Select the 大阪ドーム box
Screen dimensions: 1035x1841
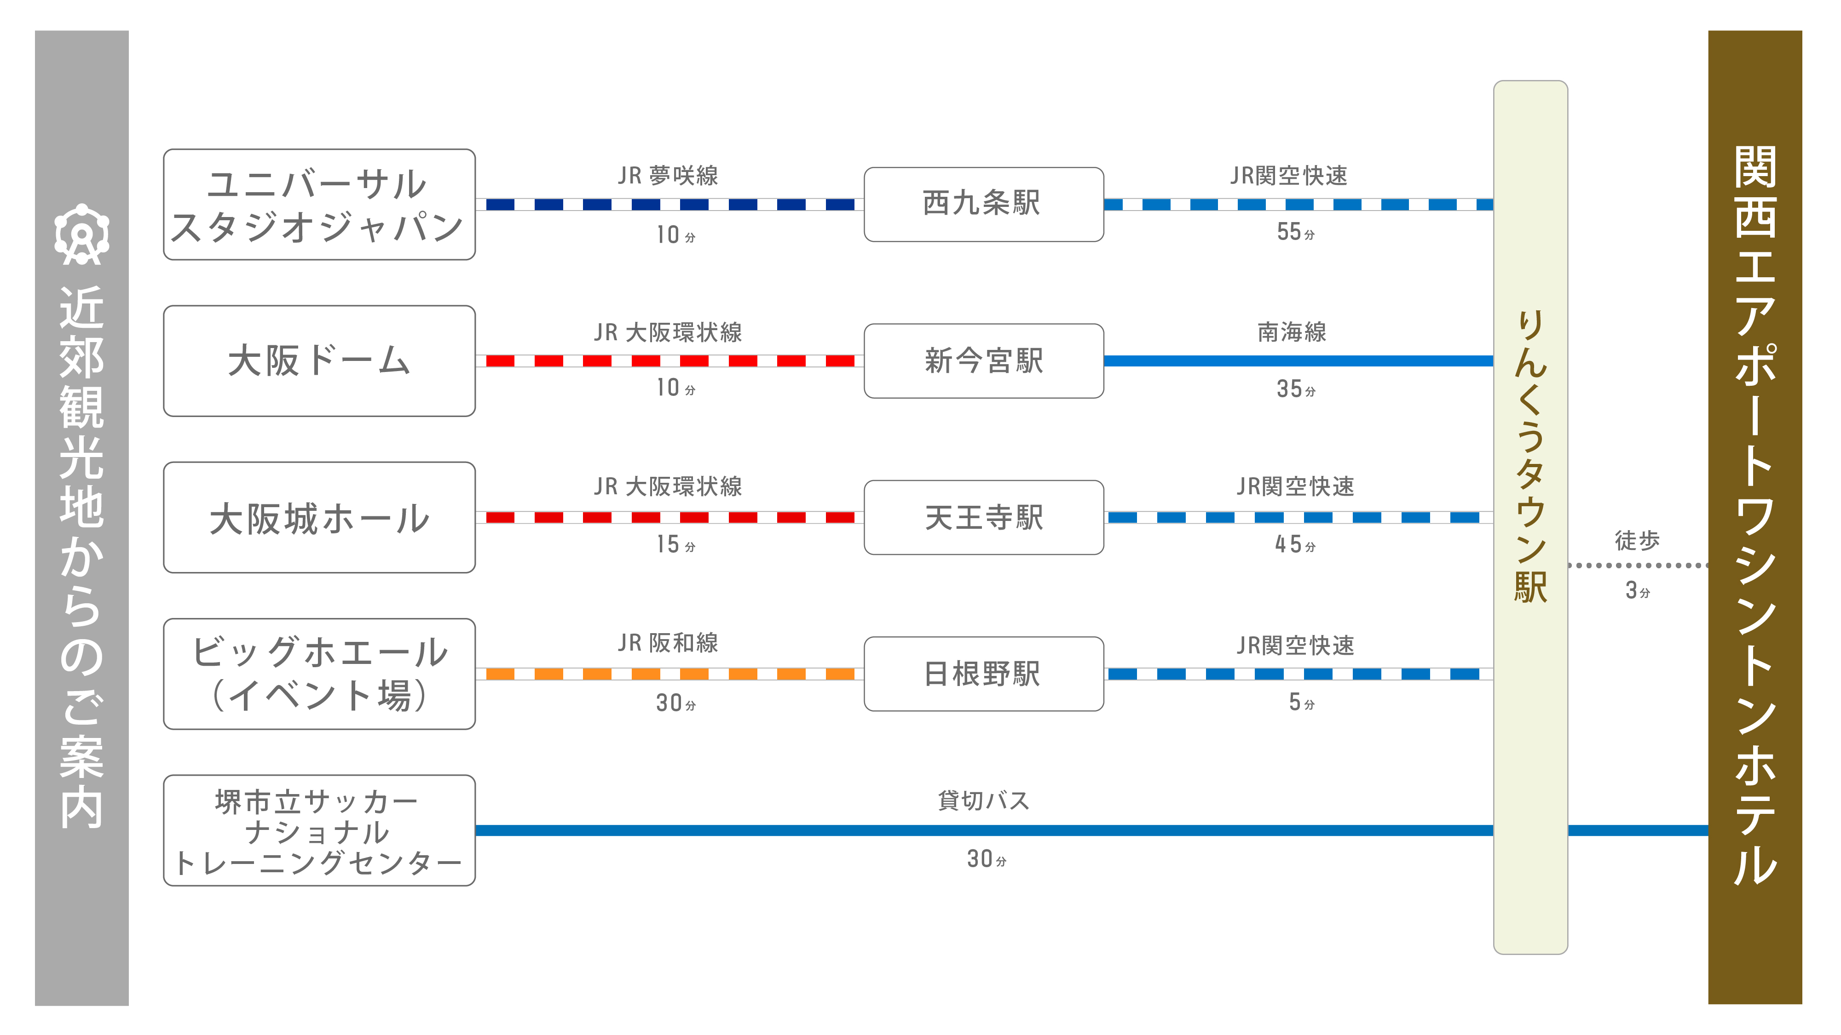(x=319, y=361)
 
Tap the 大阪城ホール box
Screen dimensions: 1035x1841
(x=319, y=517)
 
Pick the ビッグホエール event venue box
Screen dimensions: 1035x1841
(x=319, y=674)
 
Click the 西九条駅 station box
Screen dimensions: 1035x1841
(x=983, y=204)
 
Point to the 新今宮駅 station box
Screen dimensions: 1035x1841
(x=983, y=361)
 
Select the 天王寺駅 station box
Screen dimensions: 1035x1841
(x=983, y=517)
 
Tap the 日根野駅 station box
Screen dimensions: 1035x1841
(x=983, y=674)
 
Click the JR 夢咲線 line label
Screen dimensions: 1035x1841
(x=668, y=175)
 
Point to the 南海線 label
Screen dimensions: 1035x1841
(x=1292, y=332)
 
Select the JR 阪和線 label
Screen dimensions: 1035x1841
(x=668, y=643)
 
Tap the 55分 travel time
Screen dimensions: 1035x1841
(x=1295, y=232)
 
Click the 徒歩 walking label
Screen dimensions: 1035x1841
(x=1637, y=540)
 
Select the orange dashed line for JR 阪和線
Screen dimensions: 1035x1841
(x=669, y=674)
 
